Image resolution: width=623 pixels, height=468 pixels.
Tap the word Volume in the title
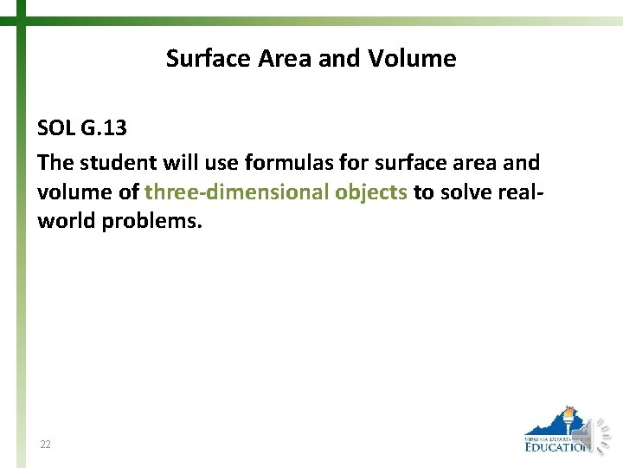413,59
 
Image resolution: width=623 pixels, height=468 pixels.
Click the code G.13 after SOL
104,128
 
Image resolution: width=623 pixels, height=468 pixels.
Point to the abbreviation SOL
56,128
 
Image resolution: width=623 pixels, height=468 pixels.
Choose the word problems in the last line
151,221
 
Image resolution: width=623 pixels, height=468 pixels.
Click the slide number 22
45,445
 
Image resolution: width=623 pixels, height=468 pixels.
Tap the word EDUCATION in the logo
558,447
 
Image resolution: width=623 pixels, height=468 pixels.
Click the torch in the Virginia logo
568,420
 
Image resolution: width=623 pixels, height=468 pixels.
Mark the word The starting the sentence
54,162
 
